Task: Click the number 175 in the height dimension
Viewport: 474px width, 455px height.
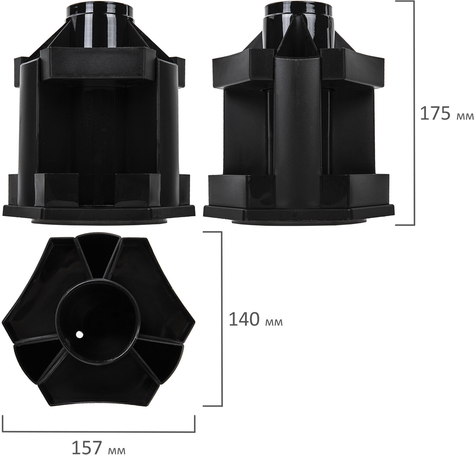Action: pos(435,114)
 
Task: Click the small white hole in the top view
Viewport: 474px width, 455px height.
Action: pos(79,334)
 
